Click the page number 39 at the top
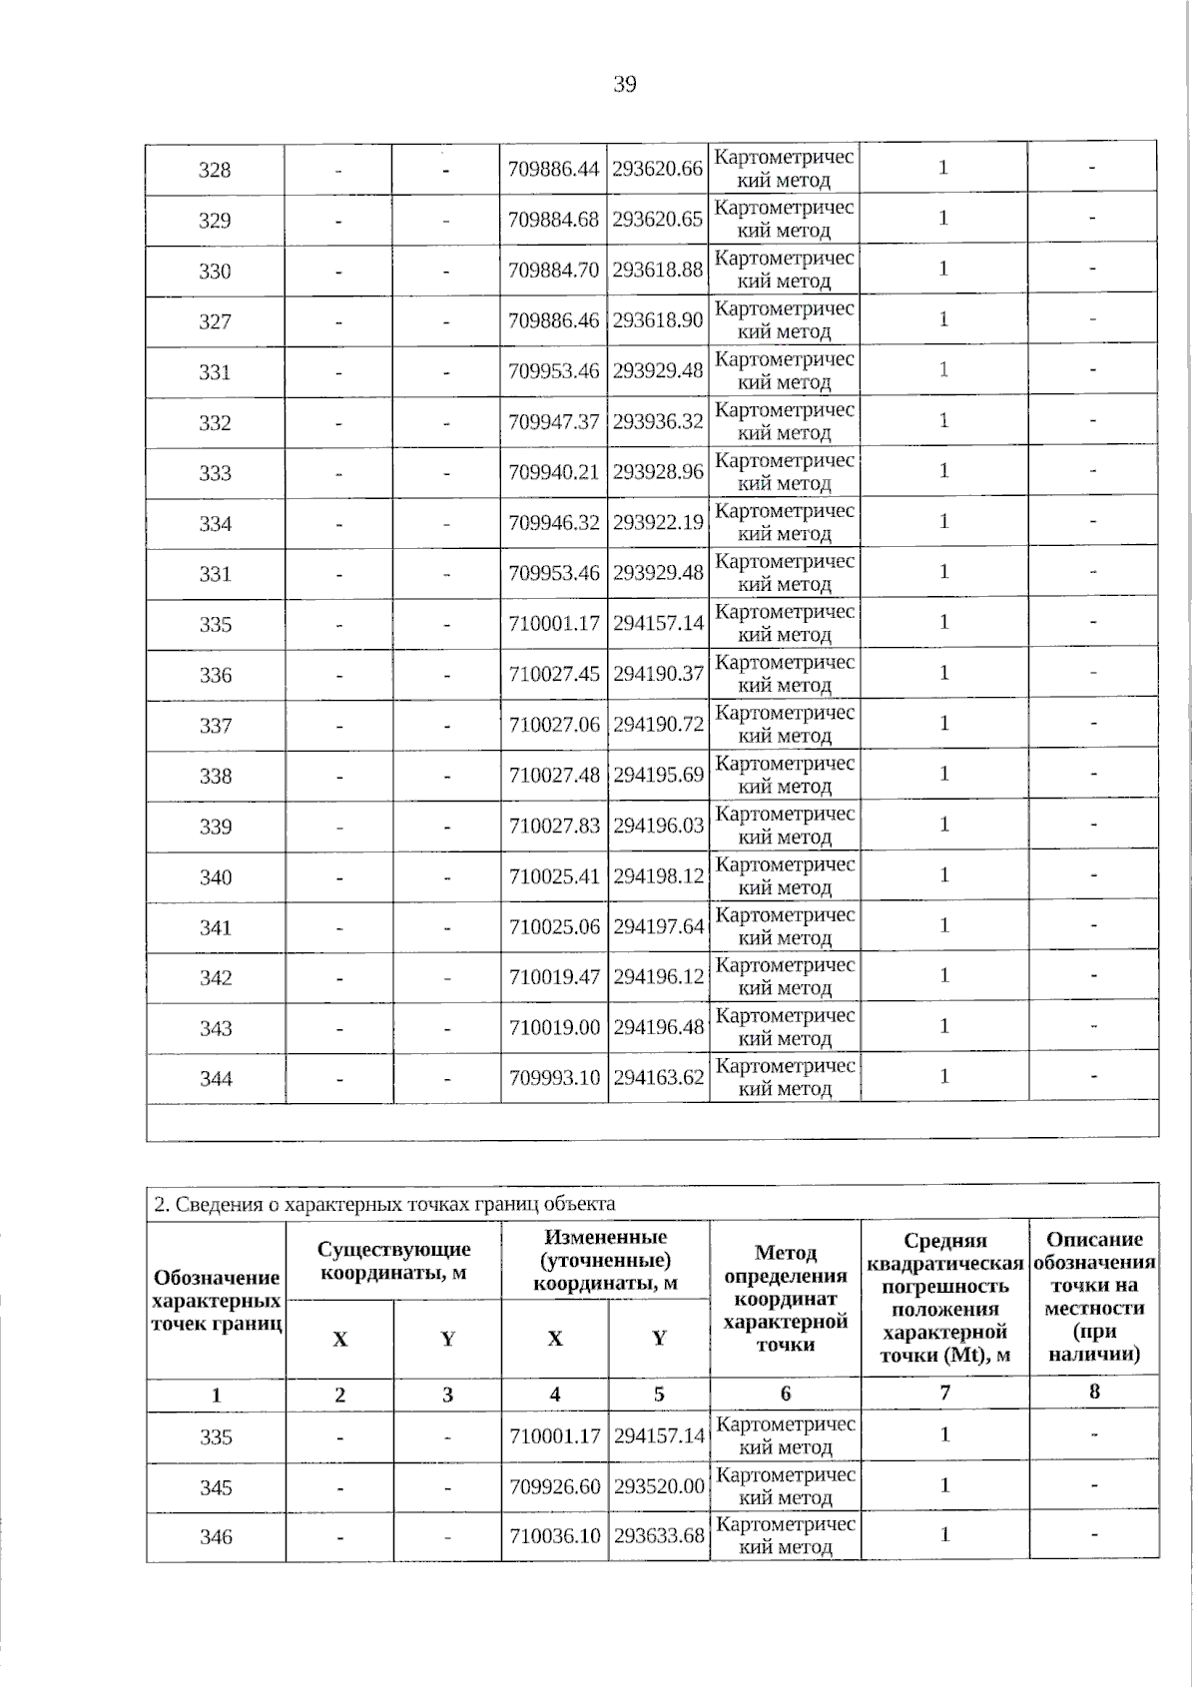(x=624, y=84)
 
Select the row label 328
(x=215, y=170)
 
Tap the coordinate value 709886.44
(x=554, y=169)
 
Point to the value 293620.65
(x=658, y=220)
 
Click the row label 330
(x=215, y=272)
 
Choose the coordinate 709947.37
(x=554, y=421)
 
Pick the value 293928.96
(x=658, y=471)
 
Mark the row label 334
(x=215, y=524)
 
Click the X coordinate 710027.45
(x=554, y=674)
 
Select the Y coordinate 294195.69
(x=658, y=775)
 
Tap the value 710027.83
(x=554, y=826)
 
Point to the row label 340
(x=215, y=877)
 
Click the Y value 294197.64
(x=658, y=926)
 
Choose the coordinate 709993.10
(x=554, y=1077)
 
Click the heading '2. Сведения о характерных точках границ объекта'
(x=384, y=1204)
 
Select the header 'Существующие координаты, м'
(x=393, y=1261)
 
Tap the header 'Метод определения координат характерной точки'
(x=785, y=1298)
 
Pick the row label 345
(x=215, y=1487)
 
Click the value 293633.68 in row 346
(x=659, y=1535)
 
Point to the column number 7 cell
(x=943, y=1394)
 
